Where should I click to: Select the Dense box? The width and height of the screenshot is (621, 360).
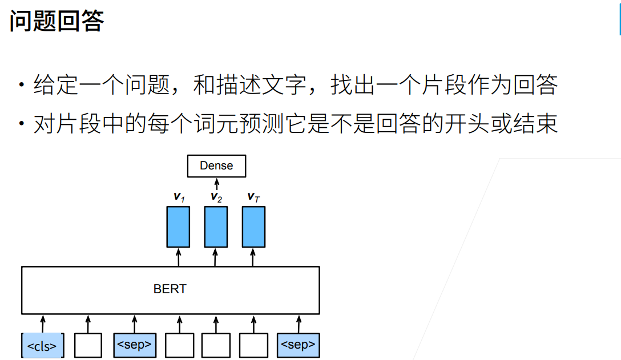tap(216, 166)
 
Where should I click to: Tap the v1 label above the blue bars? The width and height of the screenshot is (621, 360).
tap(179, 197)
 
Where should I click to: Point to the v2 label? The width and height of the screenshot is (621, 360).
tap(216, 197)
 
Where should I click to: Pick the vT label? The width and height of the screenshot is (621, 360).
tap(253, 197)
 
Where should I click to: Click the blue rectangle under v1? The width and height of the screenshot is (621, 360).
tap(178, 226)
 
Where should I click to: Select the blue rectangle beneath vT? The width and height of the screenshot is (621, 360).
tap(253, 226)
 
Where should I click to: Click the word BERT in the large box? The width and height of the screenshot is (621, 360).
tap(170, 289)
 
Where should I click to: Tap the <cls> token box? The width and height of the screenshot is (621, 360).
tap(42, 346)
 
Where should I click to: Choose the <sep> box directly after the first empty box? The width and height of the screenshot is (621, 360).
tap(134, 345)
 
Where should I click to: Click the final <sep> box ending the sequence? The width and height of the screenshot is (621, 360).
tap(298, 345)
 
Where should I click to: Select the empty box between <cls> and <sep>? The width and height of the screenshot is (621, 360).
tap(88, 345)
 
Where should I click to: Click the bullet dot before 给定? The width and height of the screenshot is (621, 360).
tap(21, 86)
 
